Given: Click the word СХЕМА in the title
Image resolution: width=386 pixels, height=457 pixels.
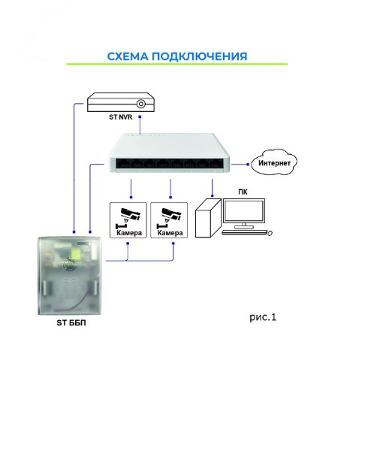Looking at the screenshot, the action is click(128, 56).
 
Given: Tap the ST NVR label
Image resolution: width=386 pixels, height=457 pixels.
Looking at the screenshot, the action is click(120, 117).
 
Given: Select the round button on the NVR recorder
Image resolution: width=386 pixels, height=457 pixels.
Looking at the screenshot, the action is click(141, 104).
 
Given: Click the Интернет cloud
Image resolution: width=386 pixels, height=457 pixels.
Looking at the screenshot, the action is click(274, 162).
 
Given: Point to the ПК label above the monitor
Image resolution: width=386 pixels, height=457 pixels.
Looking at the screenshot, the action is click(243, 192).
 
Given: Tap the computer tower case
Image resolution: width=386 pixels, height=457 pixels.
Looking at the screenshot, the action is click(208, 218).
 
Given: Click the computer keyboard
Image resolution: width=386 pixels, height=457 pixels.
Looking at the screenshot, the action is click(245, 232).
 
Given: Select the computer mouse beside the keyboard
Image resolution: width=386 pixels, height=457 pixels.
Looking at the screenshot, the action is click(270, 233).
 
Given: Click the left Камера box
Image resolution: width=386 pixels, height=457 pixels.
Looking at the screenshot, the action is click(128, 220).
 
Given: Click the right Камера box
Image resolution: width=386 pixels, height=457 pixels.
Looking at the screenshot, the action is click(169, 220).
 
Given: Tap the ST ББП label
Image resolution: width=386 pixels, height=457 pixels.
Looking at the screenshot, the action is click(71, 322).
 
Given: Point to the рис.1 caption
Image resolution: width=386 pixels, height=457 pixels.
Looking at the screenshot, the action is click(263, 317).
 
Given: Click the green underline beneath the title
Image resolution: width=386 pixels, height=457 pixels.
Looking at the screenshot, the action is click(177, 64).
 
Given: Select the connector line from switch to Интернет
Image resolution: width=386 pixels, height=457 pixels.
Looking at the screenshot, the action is click(240, 165).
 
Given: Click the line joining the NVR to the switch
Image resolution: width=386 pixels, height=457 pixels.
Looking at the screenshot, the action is click(140, 126).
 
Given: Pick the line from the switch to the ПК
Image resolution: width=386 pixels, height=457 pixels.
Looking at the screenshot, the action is click(213, 188).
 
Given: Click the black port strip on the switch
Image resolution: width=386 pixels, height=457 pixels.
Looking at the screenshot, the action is click(170, 164).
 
